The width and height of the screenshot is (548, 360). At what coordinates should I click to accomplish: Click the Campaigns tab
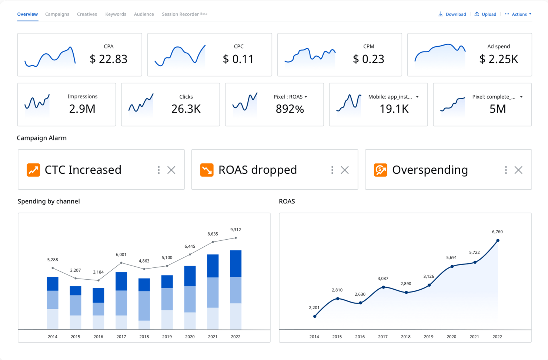point(57,14)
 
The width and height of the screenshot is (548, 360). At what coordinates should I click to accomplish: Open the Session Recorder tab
point(180,14)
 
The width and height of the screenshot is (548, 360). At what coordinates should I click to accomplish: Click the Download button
point(452,14)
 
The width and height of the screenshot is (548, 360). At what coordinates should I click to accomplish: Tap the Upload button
point(485,14)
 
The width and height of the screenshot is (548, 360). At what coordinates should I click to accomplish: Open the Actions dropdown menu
point(518,14)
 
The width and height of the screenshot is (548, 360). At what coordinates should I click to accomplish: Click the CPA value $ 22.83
point(108,59)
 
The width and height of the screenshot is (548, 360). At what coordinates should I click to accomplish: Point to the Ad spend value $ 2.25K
point(498,59)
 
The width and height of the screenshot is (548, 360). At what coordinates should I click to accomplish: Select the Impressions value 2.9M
point(82,109)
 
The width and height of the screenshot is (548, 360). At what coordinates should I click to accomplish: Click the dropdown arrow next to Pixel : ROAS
point(306,97)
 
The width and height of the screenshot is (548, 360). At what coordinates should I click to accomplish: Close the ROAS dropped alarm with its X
point(345,170)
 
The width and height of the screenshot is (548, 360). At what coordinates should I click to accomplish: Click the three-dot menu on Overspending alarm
point(506,170)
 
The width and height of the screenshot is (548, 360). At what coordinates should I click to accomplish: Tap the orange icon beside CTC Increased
point(33,170)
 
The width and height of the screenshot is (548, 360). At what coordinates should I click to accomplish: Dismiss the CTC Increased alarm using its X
point(171,170)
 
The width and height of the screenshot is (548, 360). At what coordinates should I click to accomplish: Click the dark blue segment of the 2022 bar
point(235,263)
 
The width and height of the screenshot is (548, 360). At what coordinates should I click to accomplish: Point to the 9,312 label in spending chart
point(235,230)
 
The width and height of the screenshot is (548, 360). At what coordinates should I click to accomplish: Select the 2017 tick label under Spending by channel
point(121,337)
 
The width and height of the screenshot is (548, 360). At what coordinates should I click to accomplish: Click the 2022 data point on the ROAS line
point(498,240)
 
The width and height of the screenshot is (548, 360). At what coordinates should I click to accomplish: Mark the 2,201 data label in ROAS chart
point(314,307)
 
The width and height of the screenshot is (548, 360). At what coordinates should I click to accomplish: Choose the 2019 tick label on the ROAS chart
point(428,337)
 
